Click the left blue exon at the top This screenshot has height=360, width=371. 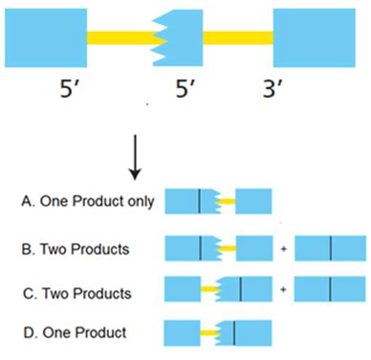pos(45,38)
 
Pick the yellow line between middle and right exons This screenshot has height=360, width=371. pos(237,38)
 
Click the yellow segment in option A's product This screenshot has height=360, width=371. pos(228,202)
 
